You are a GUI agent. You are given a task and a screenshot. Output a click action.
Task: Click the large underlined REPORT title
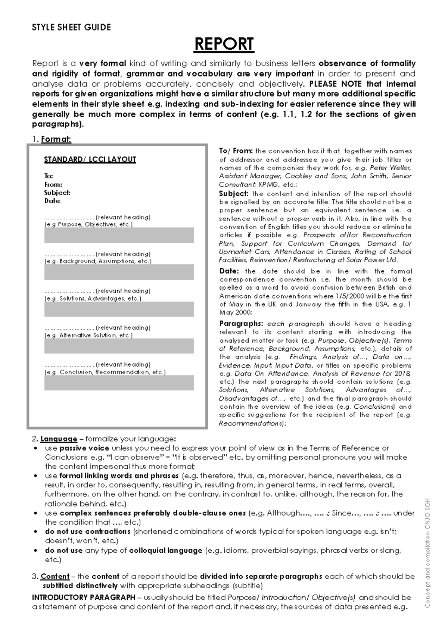224,44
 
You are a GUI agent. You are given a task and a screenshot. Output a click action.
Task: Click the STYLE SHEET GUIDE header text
71,27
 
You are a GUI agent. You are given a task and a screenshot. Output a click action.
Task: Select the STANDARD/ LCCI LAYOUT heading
90,159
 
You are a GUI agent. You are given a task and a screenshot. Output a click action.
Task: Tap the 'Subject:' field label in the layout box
57,193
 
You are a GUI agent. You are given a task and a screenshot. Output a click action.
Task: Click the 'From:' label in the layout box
53,184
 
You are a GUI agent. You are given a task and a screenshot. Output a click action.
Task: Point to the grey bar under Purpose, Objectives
119,235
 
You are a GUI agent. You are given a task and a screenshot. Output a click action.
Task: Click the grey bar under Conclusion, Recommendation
119,383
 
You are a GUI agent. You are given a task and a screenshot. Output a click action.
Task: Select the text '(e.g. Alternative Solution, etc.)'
88,335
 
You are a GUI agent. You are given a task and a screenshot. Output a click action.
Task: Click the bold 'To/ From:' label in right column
236,151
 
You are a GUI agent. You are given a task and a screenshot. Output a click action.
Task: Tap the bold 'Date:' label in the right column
228,271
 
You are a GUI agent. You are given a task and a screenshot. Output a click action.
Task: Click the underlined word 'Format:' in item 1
56,139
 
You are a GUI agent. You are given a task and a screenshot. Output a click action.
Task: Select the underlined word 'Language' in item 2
59,439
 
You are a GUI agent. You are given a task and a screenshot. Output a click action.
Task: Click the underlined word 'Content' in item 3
55,576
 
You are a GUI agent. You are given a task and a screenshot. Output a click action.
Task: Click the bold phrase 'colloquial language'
165,550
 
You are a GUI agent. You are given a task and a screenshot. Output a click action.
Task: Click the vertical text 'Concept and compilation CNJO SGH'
427,552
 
